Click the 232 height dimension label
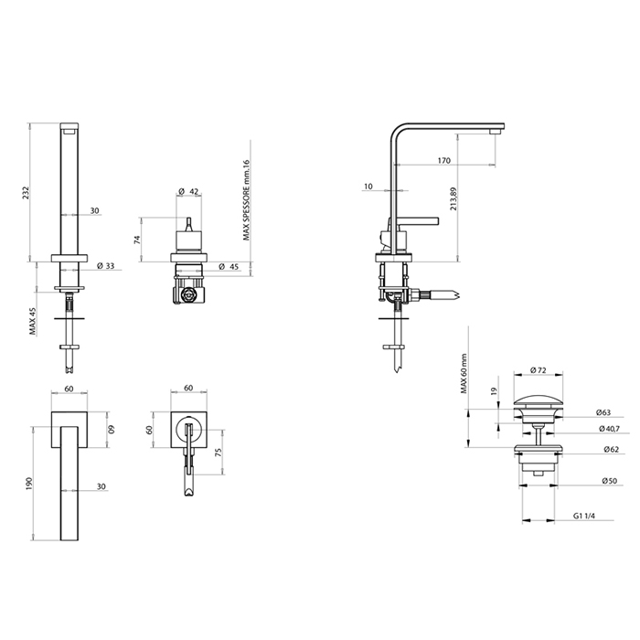click(x=26, y=193)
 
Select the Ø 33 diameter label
click(x=106, y=266)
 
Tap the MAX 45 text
click(x=33, y=321)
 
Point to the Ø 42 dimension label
click(x=188, y=191)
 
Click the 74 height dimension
click(x=137, y=240)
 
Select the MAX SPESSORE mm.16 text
click(x=246, y=200)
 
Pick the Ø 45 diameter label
click(x=229, y=267)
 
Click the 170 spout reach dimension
click(x=444, y=160)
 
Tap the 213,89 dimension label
click(x=453, y=198)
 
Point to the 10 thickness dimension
click(x=368, y=187)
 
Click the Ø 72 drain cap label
click(x=538, y=370)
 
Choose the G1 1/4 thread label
click(x=583, y=516)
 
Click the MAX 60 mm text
click(x=464, y=373)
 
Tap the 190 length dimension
click(x=29, y=484)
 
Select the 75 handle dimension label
click(x=218, y=453)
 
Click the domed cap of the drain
click(x=538, y=400)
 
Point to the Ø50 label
click(x=610, y=481)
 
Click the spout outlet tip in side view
click(x=496, y=132)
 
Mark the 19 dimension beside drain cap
click(x=494, y=391)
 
